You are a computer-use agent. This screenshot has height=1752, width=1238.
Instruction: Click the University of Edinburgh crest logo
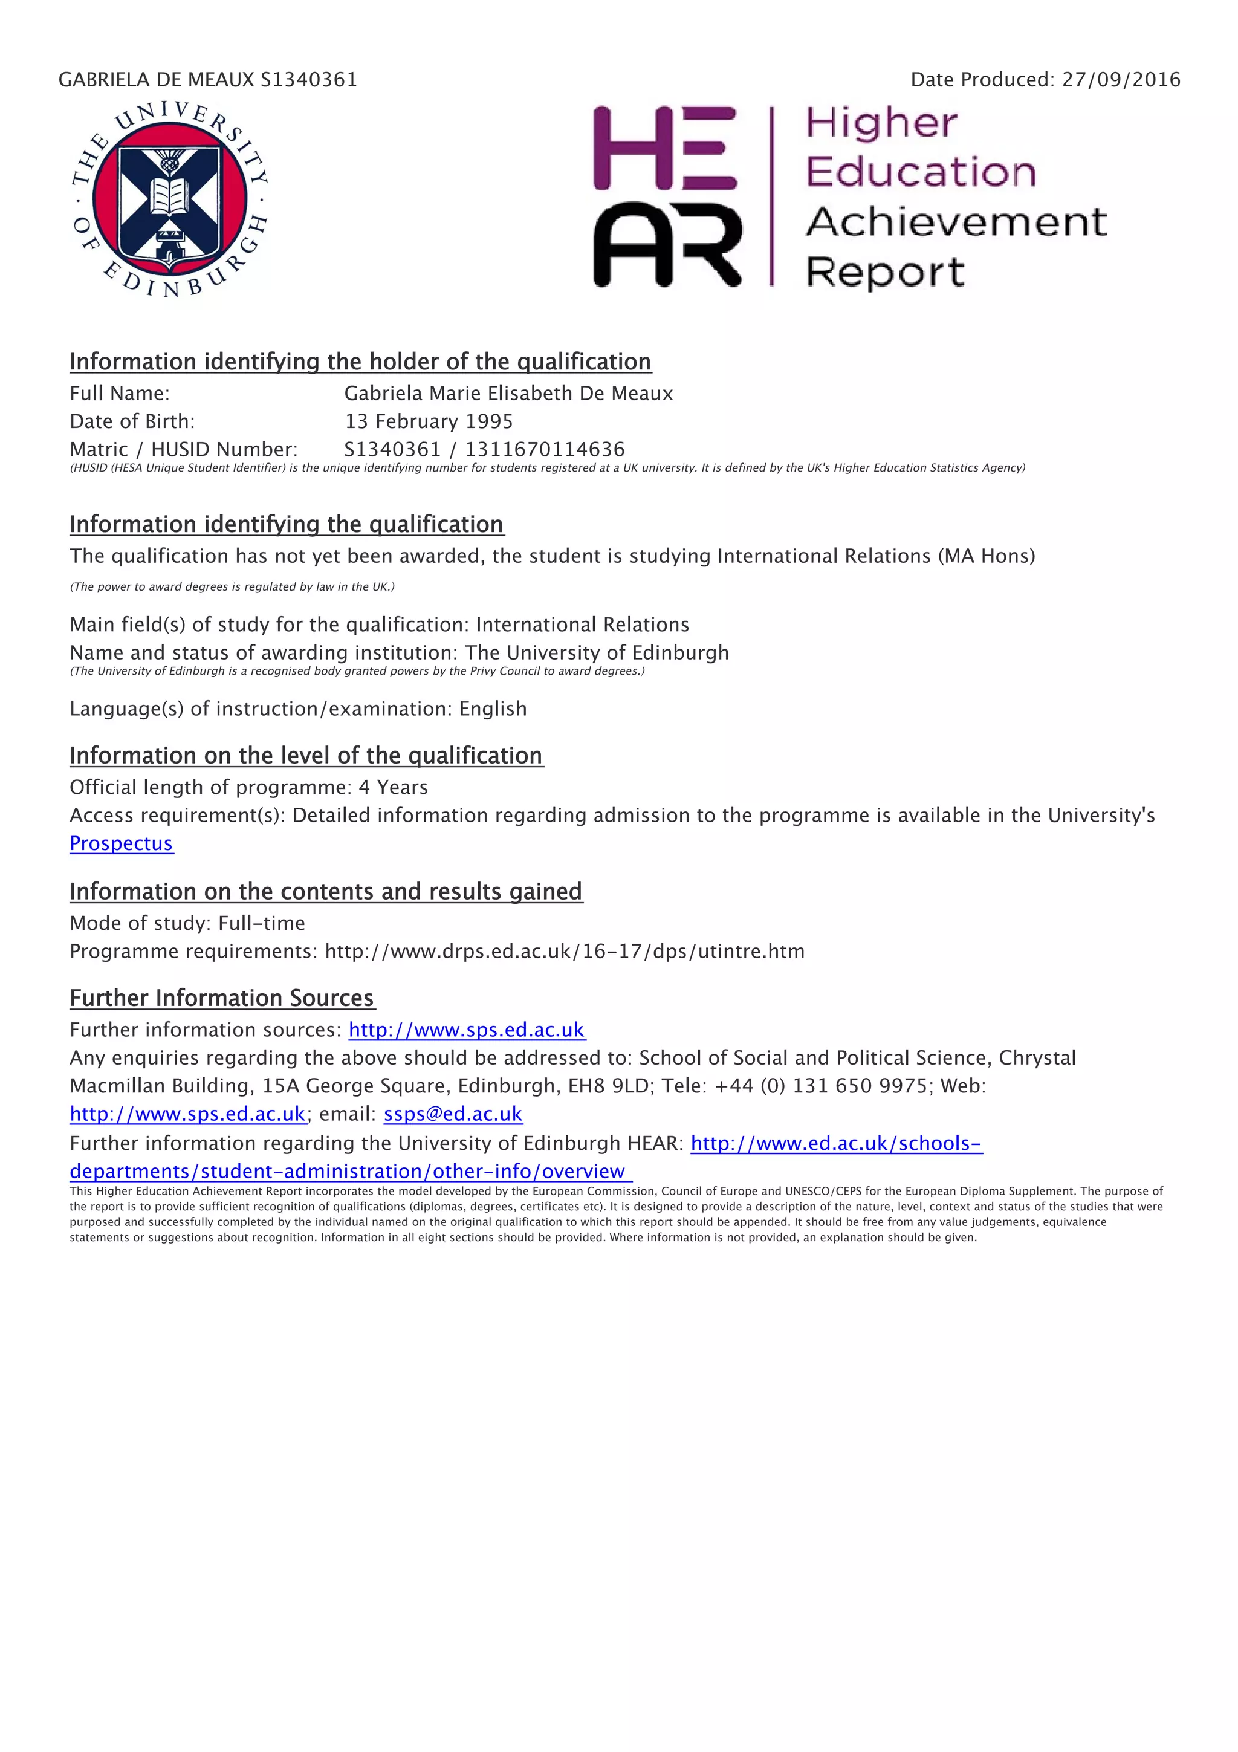[x=169, y=199]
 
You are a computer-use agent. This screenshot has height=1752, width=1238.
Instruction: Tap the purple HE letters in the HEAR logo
[x=664, y=148]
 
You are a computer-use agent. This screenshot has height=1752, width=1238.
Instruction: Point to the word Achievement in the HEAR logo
[x=956, y=222]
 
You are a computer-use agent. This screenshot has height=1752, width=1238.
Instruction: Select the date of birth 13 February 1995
[x=429, y=421]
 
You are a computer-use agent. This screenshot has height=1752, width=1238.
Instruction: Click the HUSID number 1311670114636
[x=545, y=449]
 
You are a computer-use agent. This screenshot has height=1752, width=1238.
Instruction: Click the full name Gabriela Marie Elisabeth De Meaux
[x=508, y=393]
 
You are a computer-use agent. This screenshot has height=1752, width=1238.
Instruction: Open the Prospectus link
[x=122, y=843]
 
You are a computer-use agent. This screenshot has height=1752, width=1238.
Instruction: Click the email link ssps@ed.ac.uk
[x=453, y=1114]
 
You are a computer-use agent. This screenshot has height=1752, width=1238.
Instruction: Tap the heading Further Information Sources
[x=222, y=998]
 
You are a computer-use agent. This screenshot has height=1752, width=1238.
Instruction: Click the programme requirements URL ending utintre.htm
[x=565, y=952]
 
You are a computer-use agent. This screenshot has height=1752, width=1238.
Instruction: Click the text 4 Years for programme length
[x=393, y=788]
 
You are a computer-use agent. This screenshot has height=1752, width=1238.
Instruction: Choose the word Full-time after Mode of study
[x=262, y=923]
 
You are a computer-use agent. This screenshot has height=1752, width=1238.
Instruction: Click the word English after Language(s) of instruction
[x=493, y=709]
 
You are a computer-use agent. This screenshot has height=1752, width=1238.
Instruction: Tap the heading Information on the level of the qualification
[x=306, y=756]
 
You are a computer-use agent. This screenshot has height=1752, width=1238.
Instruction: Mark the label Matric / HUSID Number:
[x=183, y=449]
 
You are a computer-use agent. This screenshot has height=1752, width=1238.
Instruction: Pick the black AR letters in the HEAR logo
[x=666, y=244]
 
